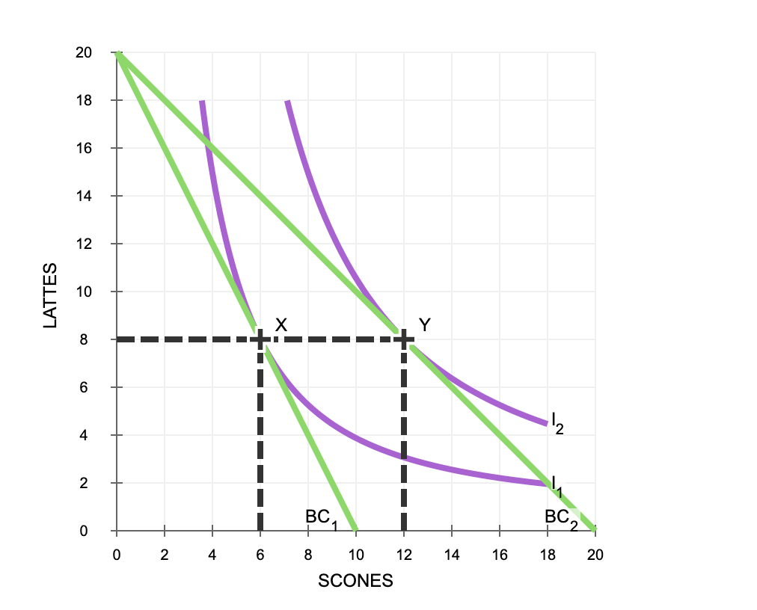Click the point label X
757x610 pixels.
(281, 324)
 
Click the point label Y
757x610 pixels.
(425, 324)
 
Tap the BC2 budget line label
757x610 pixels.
(562, 517)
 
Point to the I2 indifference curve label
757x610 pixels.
(557, 422)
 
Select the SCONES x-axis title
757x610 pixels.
(355, 581)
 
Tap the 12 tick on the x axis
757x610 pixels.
(404, 555)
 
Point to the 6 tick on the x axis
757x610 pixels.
(260, 555)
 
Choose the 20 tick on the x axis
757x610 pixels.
(595, 555)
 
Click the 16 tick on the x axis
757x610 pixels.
(500, 555)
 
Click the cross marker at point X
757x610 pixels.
(260, 339)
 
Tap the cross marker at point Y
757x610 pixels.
(404, 339)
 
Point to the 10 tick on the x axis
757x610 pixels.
(356, 555)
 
